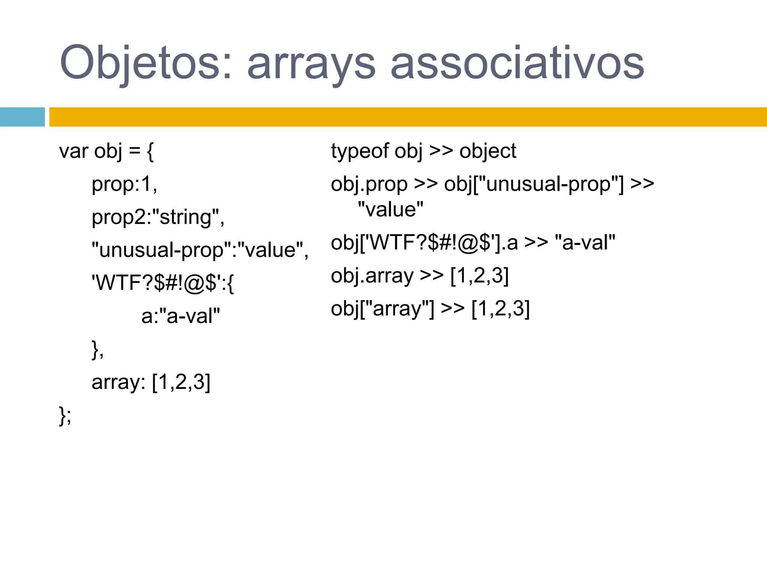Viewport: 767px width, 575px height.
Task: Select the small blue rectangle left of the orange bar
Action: [22, 117]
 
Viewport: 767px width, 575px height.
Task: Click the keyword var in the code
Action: [73, 151]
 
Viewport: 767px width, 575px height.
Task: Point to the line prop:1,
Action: [124, 184]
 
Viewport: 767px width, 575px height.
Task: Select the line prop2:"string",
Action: [158, 217]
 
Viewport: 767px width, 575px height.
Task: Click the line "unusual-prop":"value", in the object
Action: [200, 250]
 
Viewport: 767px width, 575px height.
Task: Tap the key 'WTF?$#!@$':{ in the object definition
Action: [163, 283]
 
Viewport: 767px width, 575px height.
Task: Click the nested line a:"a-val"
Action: [181, 316]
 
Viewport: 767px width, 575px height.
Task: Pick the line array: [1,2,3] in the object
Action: [151, 382]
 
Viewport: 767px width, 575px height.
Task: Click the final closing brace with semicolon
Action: [65, 416]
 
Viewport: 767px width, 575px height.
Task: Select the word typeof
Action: [360, 151]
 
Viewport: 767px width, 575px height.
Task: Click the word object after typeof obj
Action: [488, 151]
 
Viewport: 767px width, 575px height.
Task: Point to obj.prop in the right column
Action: [369, 184]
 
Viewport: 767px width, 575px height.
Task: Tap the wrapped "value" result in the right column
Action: [390, 209]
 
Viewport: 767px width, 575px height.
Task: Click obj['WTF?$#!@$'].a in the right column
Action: [424, 243]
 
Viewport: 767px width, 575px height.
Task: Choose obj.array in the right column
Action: [372, 276]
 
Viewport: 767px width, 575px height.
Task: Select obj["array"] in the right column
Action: [382, 309]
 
